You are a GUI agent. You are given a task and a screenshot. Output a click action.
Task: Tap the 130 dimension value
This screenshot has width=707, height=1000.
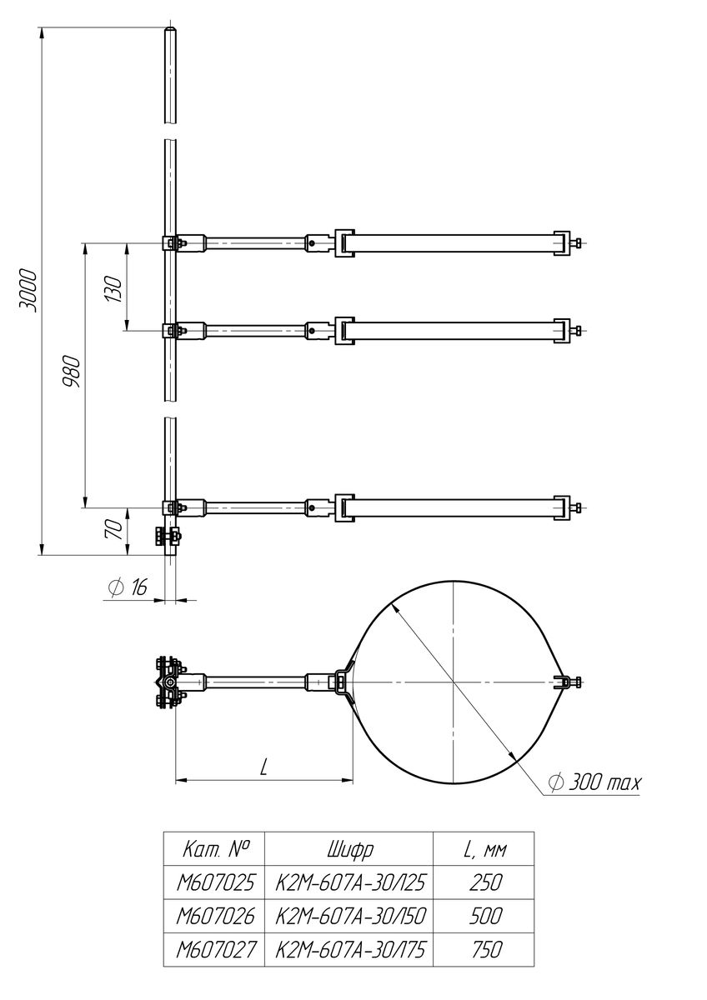pyautogui.click(x=114, y=289)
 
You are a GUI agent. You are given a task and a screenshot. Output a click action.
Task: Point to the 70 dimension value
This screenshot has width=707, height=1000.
pyautogui.click(x=115, y=530)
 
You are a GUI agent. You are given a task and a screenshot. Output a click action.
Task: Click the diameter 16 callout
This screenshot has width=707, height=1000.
pyautogui.click(x=128, y=587)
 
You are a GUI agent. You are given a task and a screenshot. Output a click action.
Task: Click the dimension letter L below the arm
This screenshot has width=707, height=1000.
pyautogui.click(x=263, y=767)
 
